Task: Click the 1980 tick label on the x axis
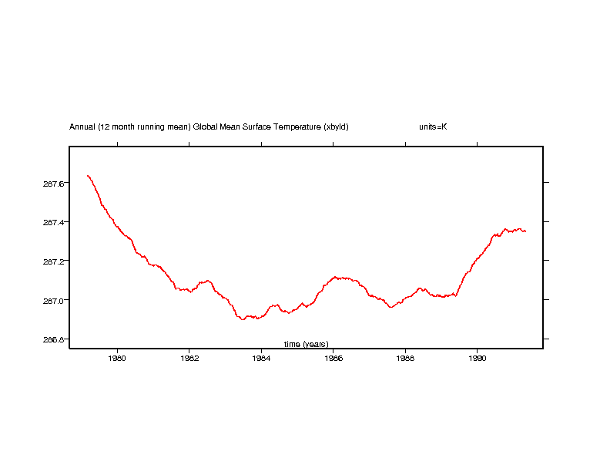point(117,358)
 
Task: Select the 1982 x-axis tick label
point(189,358)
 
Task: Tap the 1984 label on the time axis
point(261,358)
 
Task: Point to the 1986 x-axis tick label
point(333,358)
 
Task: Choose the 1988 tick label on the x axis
point(405,358)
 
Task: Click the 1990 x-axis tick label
point(478,358)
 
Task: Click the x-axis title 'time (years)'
point(306,343)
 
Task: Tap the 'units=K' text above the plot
point(433,126)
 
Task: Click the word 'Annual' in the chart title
point(82,126)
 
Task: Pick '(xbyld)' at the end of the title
point(337,126)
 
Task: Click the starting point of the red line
point(88,176)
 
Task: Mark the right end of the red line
point(525,231)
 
